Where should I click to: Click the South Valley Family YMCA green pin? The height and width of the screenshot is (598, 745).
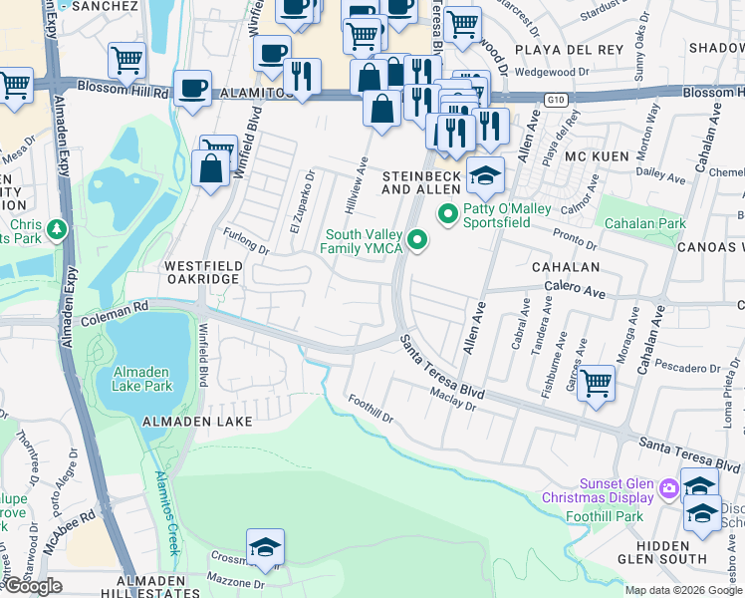click(417, 240)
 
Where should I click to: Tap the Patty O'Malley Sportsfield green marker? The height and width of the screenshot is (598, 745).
click(447, 213)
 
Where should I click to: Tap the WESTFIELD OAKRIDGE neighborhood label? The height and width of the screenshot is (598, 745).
click(201, 273)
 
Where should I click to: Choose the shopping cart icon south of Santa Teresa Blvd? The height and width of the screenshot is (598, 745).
click(596, 381)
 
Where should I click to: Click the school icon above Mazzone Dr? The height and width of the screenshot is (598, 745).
click(266, 546)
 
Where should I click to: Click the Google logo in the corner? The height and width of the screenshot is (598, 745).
click(33, 586)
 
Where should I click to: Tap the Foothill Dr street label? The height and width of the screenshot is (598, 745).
click(371, 409)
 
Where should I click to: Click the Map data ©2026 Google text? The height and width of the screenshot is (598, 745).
click(683, 590)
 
